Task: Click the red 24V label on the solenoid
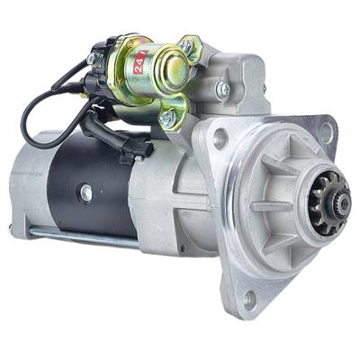[139, 63]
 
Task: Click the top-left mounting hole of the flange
[219, 140]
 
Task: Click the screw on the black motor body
[85, 192]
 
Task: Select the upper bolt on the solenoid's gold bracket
[186, 45]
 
